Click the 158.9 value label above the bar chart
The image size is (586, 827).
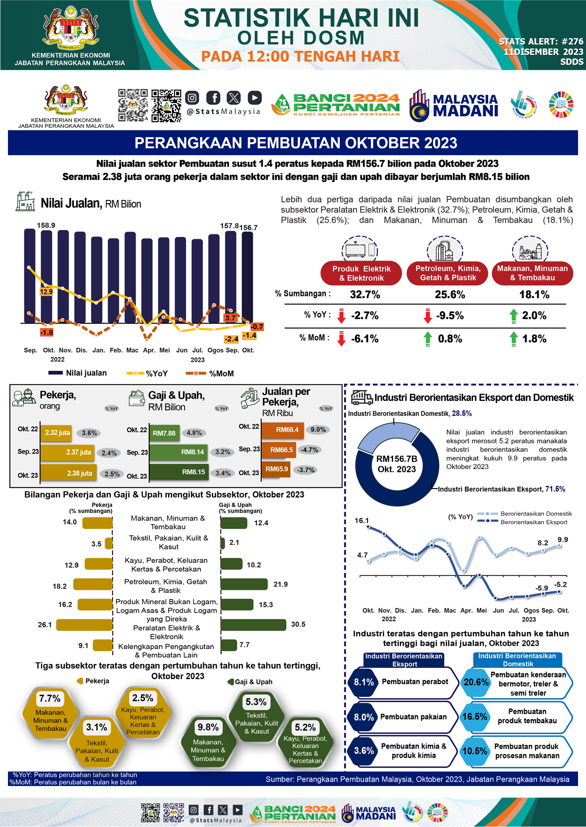pyautogui.click(x=46, y=225)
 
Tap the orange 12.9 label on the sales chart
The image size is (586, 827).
pyautogui.click(x=46, y=292)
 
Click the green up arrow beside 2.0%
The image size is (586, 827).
pyautogui.click(x=514, y=316)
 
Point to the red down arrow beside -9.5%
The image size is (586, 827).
pyautogui.click(x=427, y=316)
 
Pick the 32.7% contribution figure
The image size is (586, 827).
pyautogui.click(x=365, y=295)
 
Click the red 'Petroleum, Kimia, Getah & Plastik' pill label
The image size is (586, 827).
pyautogui.click(x=448, y=273)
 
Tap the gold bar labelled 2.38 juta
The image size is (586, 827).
pyautogui.click(x=68, y=473)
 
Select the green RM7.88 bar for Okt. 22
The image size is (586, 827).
pyautogui.click(x=164, y=433)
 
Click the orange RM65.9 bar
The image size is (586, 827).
pyautogui.click(x=276, y=469)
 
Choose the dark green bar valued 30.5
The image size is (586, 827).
pyautogui.click(x=253, y=625)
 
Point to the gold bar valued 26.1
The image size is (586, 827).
pyautogui.click(x=84, y=625)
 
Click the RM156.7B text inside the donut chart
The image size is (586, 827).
pyautogui.click(x=396, y=459)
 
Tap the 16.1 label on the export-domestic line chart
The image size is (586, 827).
pyautogui.click(x=361, y=520)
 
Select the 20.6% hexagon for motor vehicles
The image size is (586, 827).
pyautogui.click(x=476, y=682)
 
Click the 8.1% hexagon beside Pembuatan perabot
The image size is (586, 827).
pyautogui.click(x=363, y=682)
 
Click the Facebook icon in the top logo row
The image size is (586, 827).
pyautogui.click(x=213, y=97)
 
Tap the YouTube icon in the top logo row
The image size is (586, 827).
pyautogui.click(x=254, y=97)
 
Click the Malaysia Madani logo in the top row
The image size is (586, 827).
pyautogui.click(x=454, y=105)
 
